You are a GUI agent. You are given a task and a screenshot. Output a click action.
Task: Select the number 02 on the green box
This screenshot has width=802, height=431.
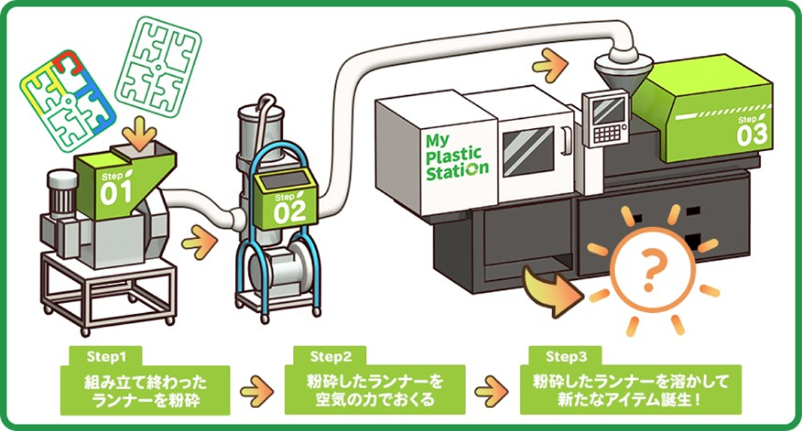point(289,210)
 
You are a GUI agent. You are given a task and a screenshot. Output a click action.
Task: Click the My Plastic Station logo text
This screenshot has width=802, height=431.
point(456,155)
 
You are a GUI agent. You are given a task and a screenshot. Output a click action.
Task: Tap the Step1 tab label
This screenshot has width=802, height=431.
point(105,356)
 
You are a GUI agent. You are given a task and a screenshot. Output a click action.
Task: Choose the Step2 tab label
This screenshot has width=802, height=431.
point(330,356)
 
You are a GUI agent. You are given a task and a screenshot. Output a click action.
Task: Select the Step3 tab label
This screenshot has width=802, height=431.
point(565,356)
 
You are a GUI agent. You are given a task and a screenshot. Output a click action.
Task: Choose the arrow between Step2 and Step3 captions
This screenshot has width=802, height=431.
point(491,391)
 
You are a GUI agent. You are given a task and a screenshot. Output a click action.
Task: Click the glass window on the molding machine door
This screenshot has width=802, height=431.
point(528,151)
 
